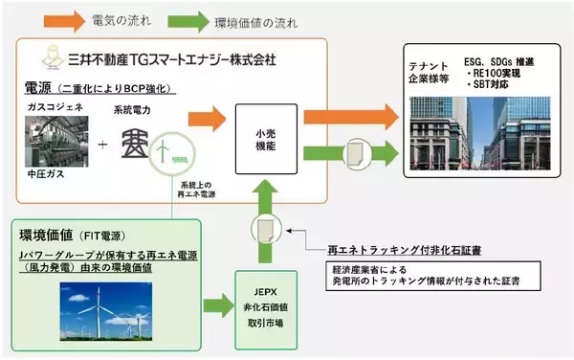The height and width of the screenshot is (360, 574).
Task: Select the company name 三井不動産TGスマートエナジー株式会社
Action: pos(168,58)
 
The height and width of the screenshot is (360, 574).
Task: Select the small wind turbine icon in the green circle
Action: pos(170,151)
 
